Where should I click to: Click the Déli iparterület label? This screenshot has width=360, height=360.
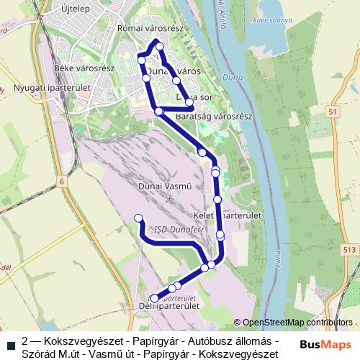pos(172,306)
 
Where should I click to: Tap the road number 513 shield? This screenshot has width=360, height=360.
pos(349,249)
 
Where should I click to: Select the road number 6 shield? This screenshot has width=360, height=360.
pos(62,181)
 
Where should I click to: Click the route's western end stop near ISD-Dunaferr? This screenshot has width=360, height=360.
pos(138,218)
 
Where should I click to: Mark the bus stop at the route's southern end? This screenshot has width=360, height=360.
pos(155,299)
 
